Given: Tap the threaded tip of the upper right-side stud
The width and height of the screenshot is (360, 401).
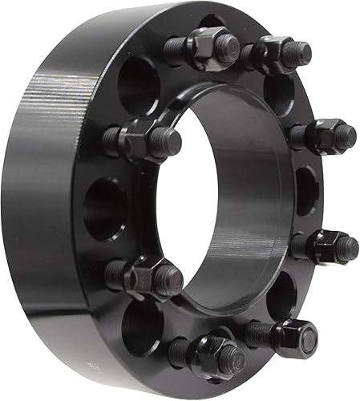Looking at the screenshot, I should coord(346,136).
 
